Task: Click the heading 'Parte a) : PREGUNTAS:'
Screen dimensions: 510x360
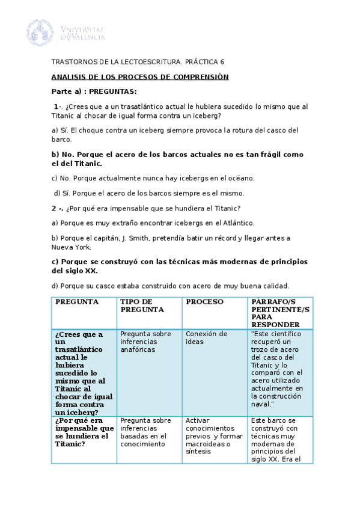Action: tap(94, 91)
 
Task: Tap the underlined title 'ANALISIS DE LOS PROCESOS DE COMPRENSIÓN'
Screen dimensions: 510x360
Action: tap(140, 77)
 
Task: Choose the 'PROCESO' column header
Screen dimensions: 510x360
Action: tap(204, 301)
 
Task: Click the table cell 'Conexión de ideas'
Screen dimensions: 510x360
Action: tap(206, 338)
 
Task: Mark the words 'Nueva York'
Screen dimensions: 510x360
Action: tap(72, 247)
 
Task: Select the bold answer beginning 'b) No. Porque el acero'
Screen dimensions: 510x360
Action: tap(177, 159)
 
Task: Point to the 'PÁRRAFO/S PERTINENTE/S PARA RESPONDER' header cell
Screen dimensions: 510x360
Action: tap(280, 312)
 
